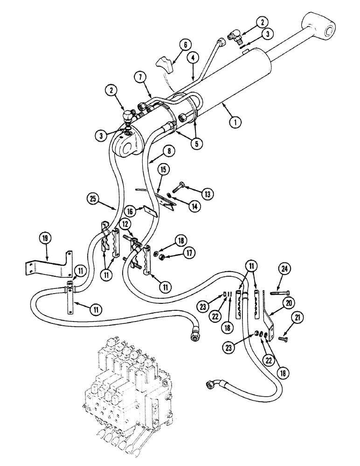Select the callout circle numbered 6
[x=185, y=45]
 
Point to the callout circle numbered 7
[x=140, y=75]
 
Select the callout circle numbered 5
[x=196, y=144]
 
